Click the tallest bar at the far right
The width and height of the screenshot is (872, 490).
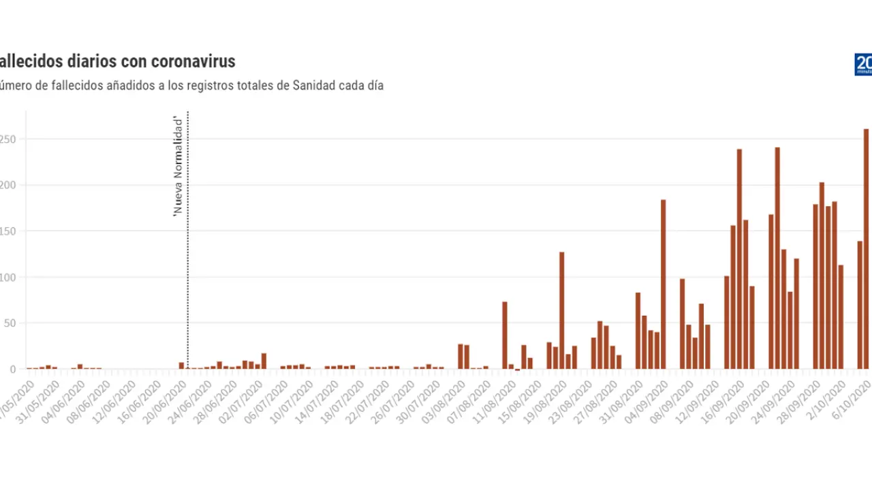[x=867, y=248]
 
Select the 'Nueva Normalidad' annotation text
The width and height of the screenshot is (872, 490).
[x=178, y=167]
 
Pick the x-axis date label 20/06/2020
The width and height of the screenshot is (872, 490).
[x=164, y=402]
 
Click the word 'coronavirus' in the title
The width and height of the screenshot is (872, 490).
[x=193, y=61]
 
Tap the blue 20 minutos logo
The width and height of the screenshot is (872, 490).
[x=863, y=65]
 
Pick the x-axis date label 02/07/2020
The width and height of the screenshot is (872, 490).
[x=240, y=402]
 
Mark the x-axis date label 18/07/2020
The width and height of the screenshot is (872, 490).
[x=343, y=402]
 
